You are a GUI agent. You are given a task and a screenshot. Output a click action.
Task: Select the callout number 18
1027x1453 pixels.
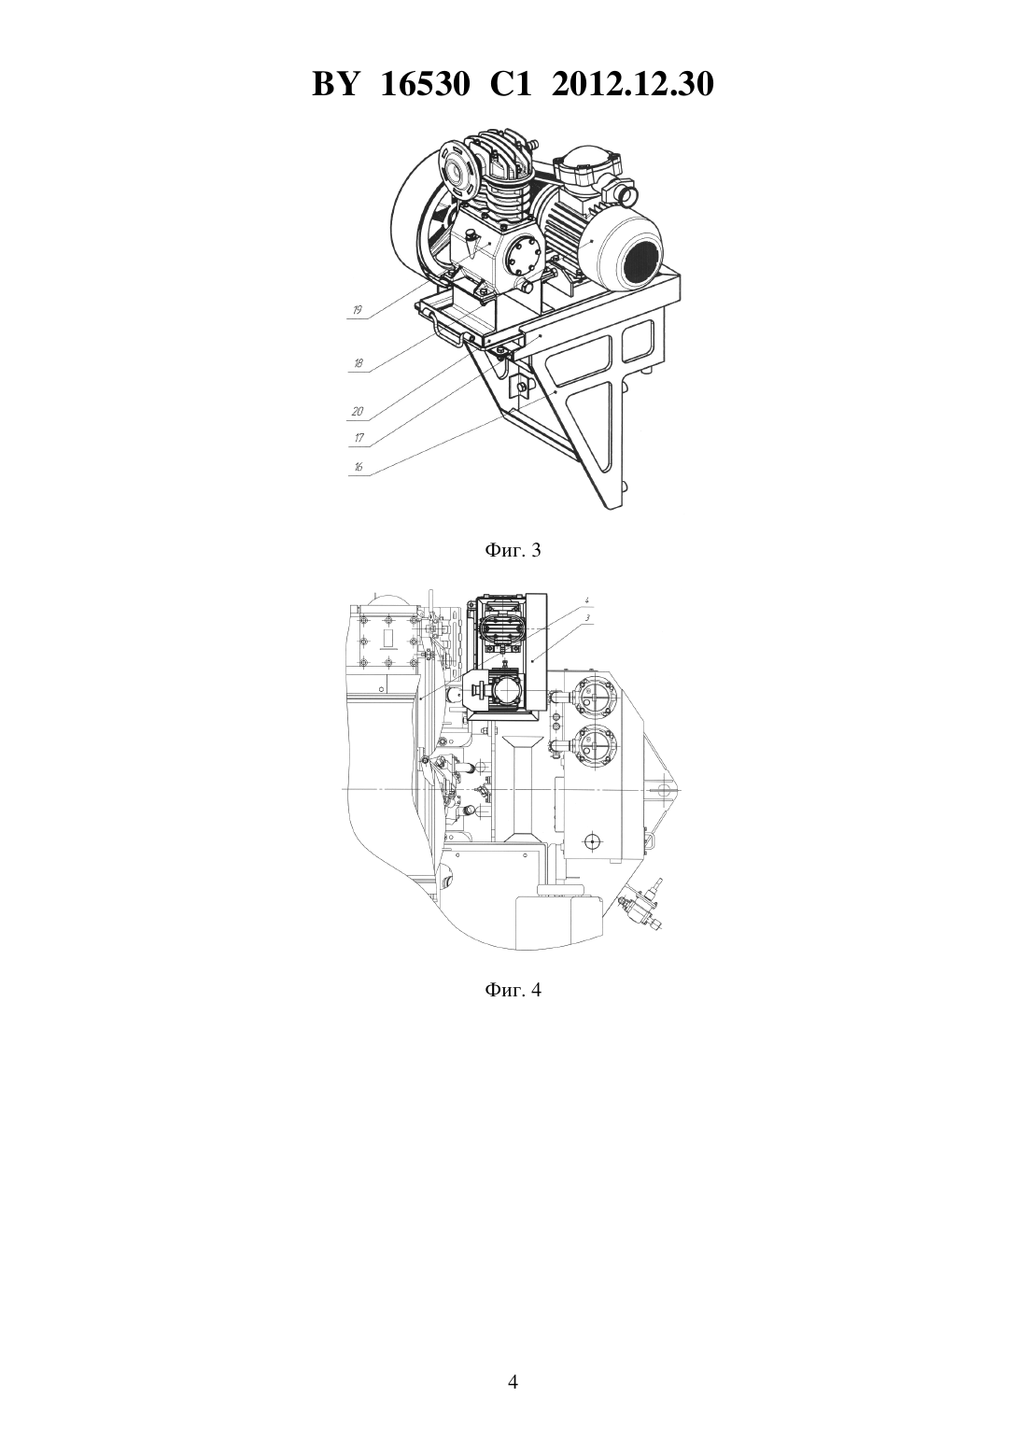(358, 363)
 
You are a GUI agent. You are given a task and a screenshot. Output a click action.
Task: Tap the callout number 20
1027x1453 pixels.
(358, 412)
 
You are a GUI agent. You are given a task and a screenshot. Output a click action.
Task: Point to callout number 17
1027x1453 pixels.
(359, 439)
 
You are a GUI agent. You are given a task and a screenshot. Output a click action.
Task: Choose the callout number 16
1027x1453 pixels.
(359, 467)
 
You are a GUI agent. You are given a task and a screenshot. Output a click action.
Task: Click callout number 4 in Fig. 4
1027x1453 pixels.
(585, 598)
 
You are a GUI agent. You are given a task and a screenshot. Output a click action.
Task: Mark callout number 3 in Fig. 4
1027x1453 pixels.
(585, 618)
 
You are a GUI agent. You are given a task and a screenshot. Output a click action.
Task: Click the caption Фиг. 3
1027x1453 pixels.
(513, 551)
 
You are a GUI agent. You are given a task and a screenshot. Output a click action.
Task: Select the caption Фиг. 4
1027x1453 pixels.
(513, 991)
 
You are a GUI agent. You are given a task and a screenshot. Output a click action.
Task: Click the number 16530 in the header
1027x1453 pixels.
(425, 84)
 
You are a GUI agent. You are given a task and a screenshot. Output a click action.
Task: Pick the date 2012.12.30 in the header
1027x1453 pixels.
(633, 84)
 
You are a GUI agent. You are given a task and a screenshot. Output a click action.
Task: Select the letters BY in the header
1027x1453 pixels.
(334, 84)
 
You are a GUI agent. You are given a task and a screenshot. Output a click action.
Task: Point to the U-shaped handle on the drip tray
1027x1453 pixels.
(446, 330)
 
